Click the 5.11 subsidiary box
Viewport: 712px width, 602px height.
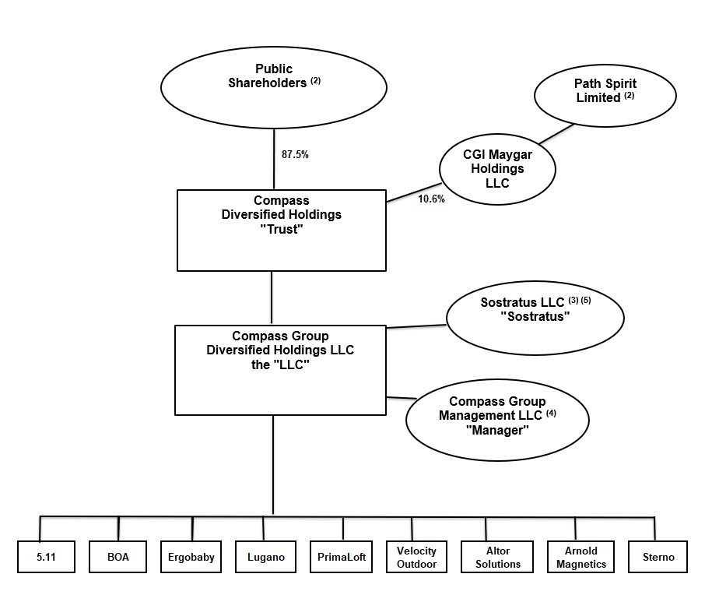[47, 557]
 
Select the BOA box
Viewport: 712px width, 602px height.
[118, 557]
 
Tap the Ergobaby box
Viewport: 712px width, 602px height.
[191, 557]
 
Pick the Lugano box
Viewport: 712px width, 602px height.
[265, 557]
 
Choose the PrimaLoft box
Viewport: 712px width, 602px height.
[340, 557]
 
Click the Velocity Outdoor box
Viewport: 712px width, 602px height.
[416, 557]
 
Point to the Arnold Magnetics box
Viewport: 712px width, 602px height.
[580, 557]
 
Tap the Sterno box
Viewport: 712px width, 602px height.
[658, 557]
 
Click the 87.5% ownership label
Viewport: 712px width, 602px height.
[295, 154]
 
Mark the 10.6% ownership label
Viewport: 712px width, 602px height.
[431, 199]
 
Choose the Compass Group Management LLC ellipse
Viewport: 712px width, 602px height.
[496, 415]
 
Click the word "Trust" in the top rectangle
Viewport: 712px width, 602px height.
[281, 229]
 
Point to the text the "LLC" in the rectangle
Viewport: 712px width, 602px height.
[280, 364]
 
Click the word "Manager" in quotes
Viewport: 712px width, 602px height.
[496, 430]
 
